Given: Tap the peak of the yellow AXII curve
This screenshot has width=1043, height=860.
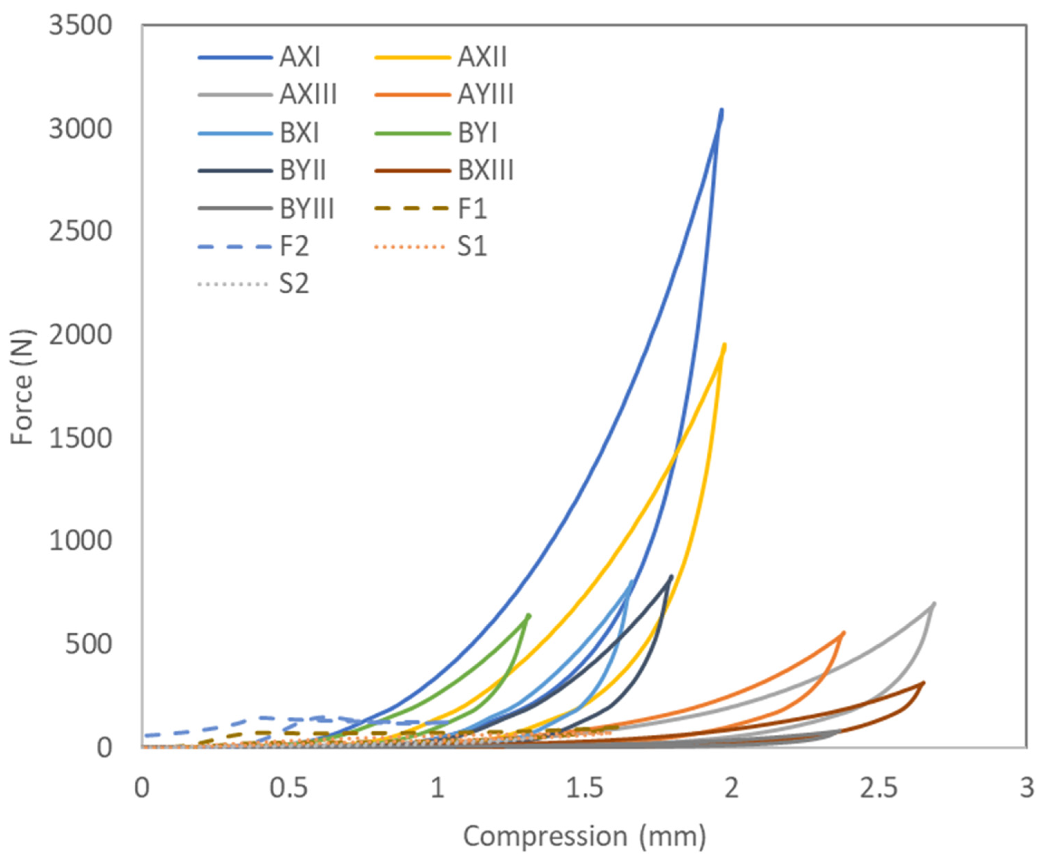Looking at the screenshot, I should (x=725, y=345).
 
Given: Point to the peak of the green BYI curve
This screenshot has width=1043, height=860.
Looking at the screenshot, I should (x=529, y=615).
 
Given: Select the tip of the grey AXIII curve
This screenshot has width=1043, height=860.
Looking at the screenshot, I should (x=934, y=603).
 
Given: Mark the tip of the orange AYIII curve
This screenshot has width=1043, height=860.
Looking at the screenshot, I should (x=844, y=633).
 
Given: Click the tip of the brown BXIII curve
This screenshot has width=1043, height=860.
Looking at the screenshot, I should (x=924, y=683).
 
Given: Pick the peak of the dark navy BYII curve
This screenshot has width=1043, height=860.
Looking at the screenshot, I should (x=672, y=576).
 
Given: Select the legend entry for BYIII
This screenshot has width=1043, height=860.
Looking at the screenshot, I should (x=307, y=208).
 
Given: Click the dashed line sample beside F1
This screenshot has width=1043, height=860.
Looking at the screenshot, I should (x=411, y=208).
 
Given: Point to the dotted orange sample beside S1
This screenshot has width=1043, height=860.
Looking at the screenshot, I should (x=411, y=246).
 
